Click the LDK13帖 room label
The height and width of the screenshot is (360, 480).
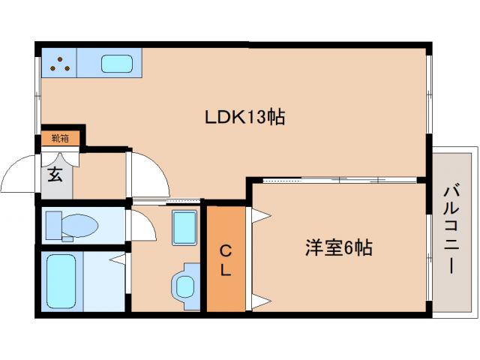(x=244, y=117)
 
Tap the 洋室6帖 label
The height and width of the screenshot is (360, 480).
(x=338, y=248)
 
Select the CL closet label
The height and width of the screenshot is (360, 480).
(x=226, y=259)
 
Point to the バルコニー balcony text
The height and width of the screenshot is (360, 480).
(x=452, y=229)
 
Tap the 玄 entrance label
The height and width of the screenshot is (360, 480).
(x=55, y=175)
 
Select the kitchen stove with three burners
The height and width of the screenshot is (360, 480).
(x=59, y=64)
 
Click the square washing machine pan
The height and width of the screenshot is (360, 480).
(x=184, y=227)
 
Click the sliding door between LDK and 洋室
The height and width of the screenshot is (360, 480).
(x=337, y=180)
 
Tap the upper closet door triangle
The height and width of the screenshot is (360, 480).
(x=259, y=217)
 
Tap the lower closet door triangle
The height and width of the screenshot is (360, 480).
(x=259, y=302)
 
